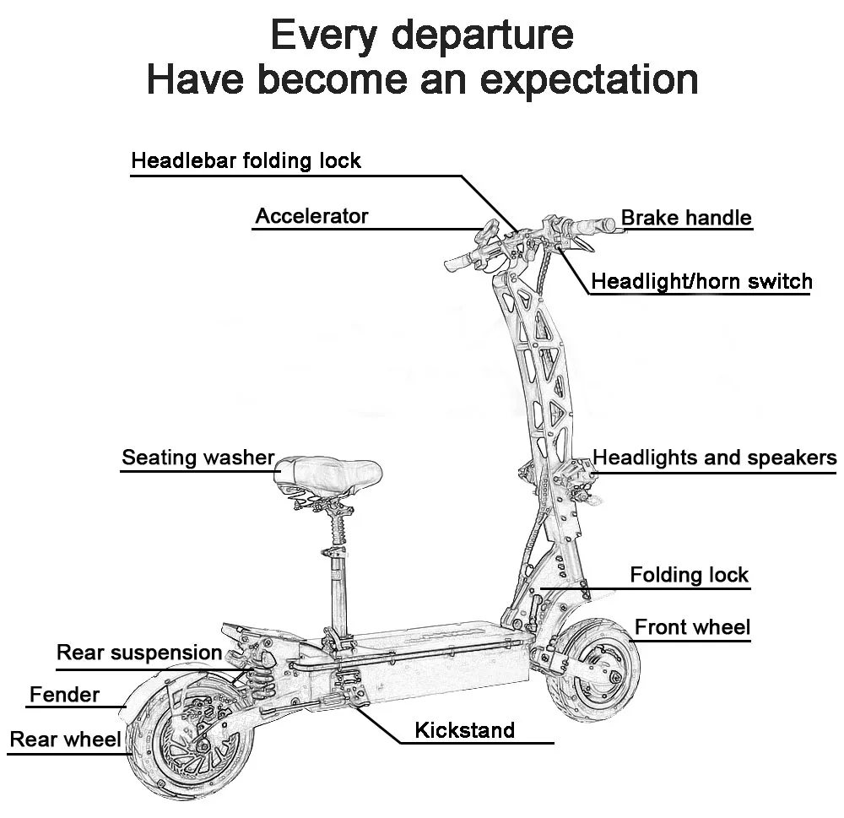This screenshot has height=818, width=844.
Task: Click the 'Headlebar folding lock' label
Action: [x=246, y=160]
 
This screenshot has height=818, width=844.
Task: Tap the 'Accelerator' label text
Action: [x=311, y=216]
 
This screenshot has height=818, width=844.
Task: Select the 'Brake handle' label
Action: [x=685, y=218]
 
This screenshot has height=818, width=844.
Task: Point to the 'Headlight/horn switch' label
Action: [x=701, y=281]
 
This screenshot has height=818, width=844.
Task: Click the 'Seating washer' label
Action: [x=198, y=458]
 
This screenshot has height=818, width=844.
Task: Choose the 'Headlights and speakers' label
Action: [x=714, y=458]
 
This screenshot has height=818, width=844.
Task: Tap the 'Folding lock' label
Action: [x=689, y=576]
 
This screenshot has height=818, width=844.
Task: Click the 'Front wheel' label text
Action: [x=691, y=627]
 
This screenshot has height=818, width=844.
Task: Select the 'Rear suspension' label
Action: [x=138, y=653]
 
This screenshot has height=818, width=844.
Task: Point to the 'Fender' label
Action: [x=64, y=696]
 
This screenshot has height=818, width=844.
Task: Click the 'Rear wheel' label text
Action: [x=65, y=740]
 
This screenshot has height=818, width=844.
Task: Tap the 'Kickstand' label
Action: [x=464, y=729]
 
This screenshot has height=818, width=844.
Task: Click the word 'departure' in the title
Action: [x=483, y=35]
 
